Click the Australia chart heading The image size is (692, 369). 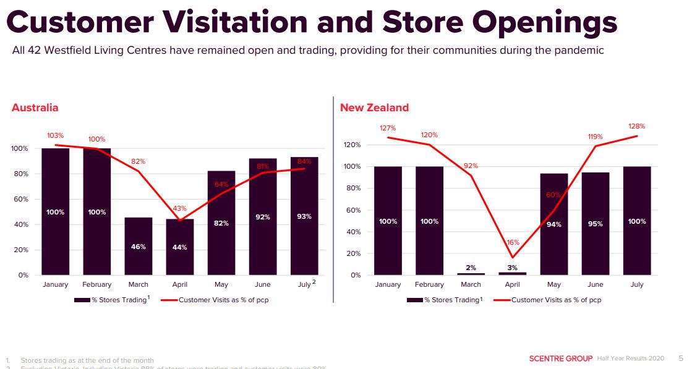point(35,108)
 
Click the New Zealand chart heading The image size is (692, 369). point(374,108)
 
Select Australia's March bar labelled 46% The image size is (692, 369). point(139,246)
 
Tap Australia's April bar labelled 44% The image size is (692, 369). point(180,247)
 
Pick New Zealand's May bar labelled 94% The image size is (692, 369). point(554,224)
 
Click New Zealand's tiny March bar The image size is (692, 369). point(471,274)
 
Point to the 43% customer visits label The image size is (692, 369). point(180,208)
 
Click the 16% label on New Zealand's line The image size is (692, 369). point(513,243)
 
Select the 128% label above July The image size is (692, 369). point(637,125)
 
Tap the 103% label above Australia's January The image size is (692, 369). point(56,135)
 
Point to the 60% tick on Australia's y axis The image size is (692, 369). point(20,199)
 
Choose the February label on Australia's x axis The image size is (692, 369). point(97,284)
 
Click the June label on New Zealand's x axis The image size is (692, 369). point(596,284)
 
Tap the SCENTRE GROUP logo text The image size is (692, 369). point(561,358)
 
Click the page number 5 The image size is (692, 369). point(681,358)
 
